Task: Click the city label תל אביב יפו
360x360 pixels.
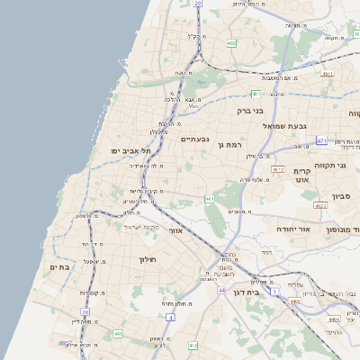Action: click(131, 150)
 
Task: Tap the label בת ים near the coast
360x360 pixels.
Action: click(60, 266)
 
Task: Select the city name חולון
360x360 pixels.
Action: click(148, 260)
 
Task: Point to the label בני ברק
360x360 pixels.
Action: click(252, 112)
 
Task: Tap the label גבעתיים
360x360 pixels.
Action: click(195, 139)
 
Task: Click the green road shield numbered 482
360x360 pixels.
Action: click(231, 42)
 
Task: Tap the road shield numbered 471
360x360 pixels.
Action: click(322, 140)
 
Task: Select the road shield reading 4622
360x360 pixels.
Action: click(319, 206)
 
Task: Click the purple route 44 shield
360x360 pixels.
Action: click(221, 291)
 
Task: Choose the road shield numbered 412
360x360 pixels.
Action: click(193, 345)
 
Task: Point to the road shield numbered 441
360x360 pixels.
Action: click(117, 334)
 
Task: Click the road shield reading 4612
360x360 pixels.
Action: click(278, 168)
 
